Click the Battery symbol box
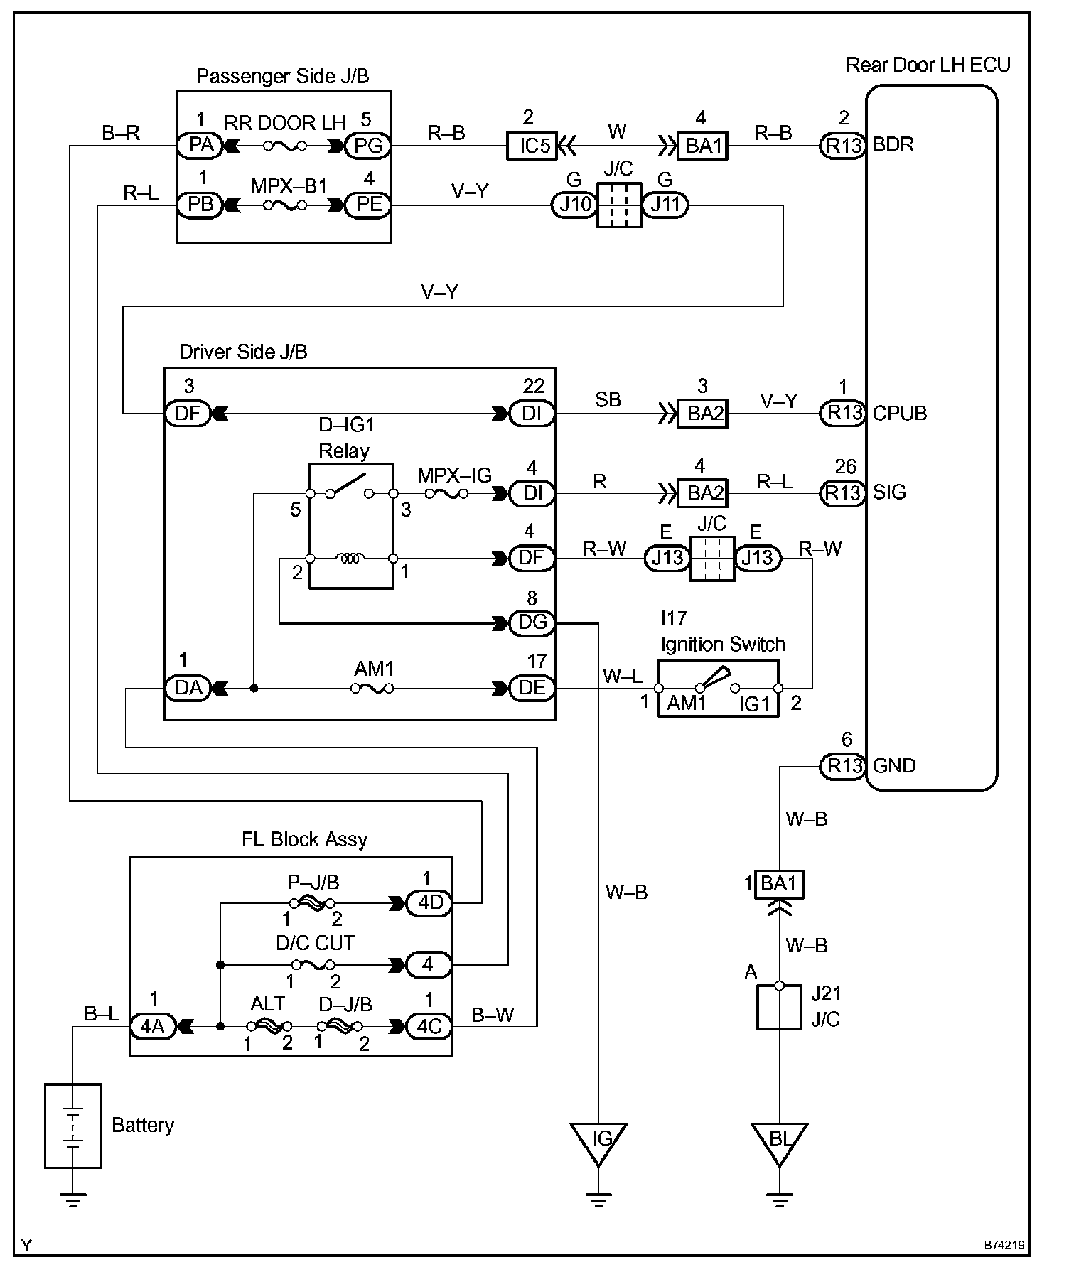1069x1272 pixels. tap(73, 1126)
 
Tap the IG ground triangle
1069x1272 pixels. tap(598, 1143)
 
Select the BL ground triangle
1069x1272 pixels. tap(779, 1143)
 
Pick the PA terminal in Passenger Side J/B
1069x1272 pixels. tap(200, 146)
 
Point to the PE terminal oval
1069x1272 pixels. tap(368, 205)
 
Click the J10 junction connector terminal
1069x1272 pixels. tap(574, 205)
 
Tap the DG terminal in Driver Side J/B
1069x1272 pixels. tap(532, 623)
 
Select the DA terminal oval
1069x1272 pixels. tap(188, 688)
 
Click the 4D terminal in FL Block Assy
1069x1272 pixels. tap(429, 903)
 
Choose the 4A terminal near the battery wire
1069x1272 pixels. tap(153, 1026)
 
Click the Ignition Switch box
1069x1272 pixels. tap(718, 688)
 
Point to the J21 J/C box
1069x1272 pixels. tap(779, 1007)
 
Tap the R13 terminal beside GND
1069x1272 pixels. tap(844, 766)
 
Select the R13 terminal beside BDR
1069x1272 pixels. tap(844, 146)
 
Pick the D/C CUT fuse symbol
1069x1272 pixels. tap(313, 965)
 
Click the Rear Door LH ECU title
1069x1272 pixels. tap(928, 65)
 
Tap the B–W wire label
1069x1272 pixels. tap(493, 1015)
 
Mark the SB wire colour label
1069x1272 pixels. tap(608, 400)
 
